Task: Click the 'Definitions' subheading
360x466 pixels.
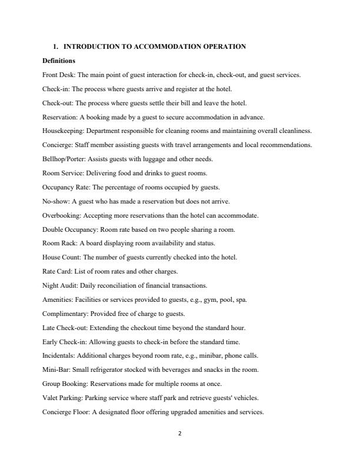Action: coord(59,61)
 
